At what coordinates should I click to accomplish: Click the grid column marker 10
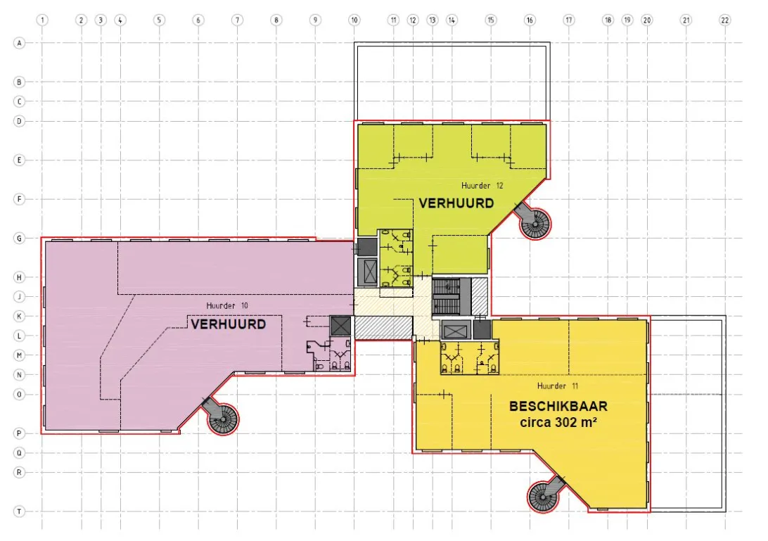click(x=354, y=20)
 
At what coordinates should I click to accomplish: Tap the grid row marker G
click(x=19, y=238)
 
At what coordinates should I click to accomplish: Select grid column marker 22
click(x=724, y=20)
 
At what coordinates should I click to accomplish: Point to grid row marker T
click(x=19, y=511)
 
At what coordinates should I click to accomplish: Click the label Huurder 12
click(x=482, y=186)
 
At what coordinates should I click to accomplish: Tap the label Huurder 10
click(x=226, y=306)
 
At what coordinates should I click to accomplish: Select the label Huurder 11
click(x=558, y=386)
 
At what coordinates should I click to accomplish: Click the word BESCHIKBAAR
click(x=558, y=406)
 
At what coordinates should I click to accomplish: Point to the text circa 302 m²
click(x=558, y=422)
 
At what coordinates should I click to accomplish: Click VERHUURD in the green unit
click(x=456, y=203)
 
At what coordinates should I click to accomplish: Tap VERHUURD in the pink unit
click(x=229, y=324)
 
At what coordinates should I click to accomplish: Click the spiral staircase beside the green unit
click(x=534, y=223)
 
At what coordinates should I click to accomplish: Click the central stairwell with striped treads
click(x=446, y=297)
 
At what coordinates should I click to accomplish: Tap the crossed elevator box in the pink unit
click(x=341, y=326)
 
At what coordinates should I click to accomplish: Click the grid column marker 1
click(x=42, y=20)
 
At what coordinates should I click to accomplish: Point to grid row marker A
click(x=19, y=43)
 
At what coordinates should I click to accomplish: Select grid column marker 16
click(x=530, y=20)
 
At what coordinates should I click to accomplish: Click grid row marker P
click(x=19, y=433)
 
